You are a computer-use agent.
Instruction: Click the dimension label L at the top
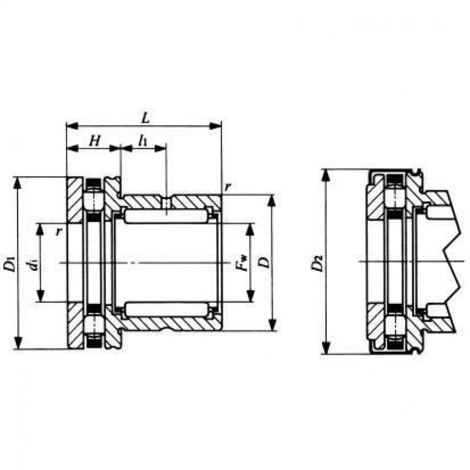tap(145, 117)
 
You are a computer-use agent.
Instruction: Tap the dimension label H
tap(95, 140)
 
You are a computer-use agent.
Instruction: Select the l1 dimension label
tap(143, 140)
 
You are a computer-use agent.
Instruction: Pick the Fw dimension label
tap(241, 263)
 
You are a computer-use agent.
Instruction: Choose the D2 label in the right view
tap(317, 263)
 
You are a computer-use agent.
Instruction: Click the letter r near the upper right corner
tap(228, 187)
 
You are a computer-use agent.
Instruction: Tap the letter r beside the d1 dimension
tap(59, 231)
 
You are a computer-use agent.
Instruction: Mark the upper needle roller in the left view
tap(166, 216)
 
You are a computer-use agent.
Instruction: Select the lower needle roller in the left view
tap(166, 309)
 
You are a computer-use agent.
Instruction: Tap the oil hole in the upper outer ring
tap(166, 202)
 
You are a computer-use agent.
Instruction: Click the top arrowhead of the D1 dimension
tap(18, 183)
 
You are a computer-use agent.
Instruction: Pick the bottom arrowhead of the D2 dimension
tap(326, 348)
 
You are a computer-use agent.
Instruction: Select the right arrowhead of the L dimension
tap(215, 126)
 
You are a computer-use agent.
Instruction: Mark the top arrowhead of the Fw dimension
tap(251, 229)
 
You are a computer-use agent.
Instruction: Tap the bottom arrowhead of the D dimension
tap(272, 325)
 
